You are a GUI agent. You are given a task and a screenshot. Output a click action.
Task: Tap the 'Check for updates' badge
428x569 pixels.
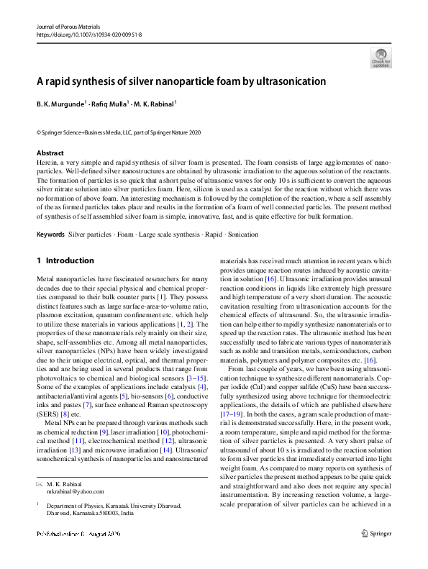coord(381,58)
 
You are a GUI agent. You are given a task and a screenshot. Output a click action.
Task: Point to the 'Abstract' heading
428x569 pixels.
coord(50,153)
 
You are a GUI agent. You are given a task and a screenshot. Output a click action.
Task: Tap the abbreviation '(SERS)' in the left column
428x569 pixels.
coord(49,414)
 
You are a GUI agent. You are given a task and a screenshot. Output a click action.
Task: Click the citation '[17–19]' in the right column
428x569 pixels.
coord(231,414)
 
